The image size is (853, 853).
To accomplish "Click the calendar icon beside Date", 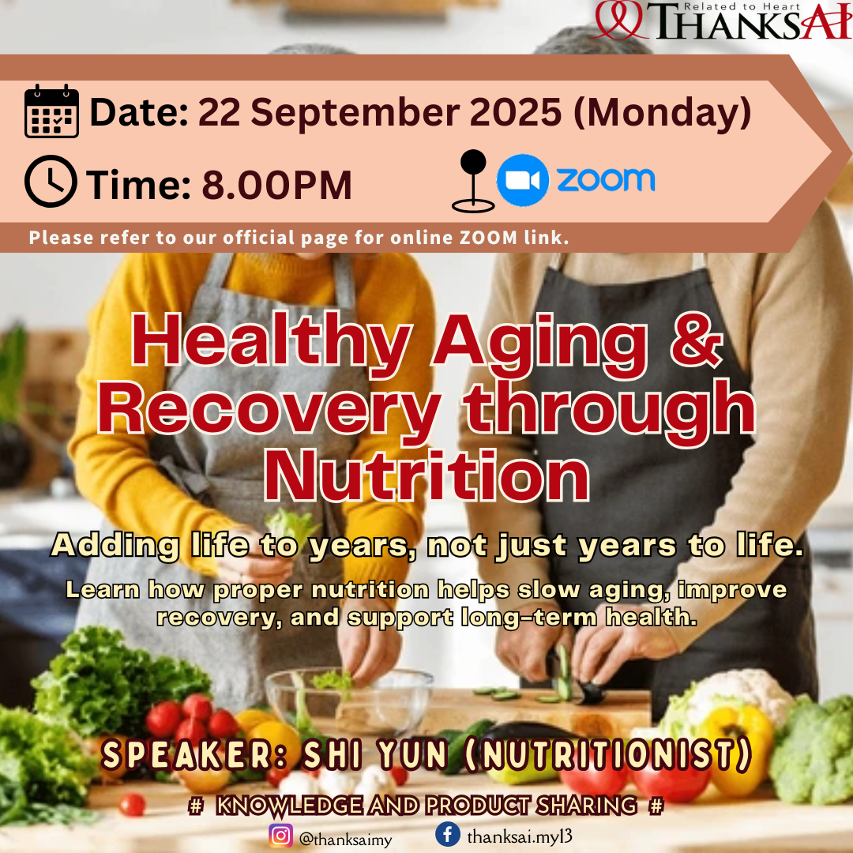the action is coord(51,111).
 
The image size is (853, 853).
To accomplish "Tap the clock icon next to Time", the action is coord(51,181).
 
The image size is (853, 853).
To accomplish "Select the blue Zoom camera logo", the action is coord(522,180).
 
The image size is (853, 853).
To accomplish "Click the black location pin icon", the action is coord(473,181).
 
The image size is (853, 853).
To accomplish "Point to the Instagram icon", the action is coord(280,836).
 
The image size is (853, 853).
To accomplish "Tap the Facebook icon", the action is coord(448,833).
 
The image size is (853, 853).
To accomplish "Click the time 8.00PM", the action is coord(277,185).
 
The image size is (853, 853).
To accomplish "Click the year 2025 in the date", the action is coord(515,112).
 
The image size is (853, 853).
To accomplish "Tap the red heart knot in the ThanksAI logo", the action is coord(620,20).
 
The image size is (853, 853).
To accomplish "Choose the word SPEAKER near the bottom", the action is coord(194,755).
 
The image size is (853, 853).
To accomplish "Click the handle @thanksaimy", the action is coord(345,839).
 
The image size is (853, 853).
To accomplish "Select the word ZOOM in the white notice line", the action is coord(489,238).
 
